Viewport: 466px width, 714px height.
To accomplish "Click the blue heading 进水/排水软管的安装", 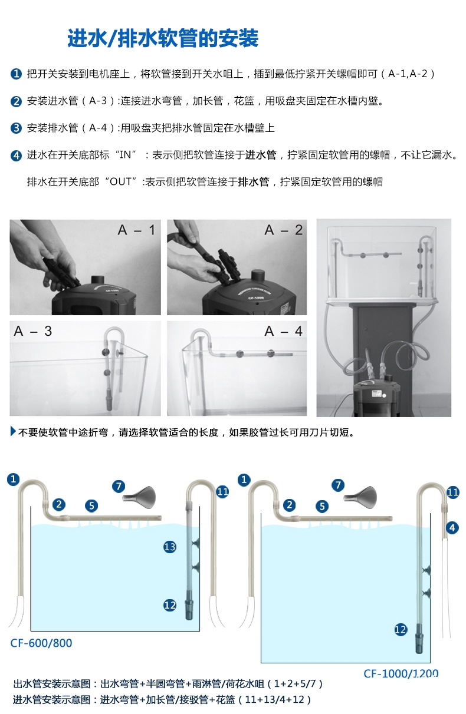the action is click(x=163, y=38).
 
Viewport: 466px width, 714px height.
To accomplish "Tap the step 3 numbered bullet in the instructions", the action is click(x=16, y=128).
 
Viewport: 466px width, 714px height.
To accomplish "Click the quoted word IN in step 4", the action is click(x=125, y=155).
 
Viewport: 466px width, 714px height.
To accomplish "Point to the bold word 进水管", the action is click(x=261, y=155).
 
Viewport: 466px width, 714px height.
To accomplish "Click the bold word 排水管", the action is click(x=254, y=181).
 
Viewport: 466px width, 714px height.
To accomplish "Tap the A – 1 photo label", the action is click(x=137, y=230).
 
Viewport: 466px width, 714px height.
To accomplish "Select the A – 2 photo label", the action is click(x=283, y=230).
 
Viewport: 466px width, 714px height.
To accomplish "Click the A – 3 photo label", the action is click(x=33, y=331).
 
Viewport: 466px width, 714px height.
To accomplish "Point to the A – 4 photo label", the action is click(x=283, y=331).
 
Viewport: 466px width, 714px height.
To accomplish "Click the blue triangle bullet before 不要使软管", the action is click(x=13, y=431).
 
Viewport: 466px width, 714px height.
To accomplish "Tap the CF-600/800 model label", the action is click(x=41, y=643).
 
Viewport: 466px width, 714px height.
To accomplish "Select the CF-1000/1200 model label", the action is click(x=401, y=673).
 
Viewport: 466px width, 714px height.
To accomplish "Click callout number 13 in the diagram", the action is click(x=169, y=547).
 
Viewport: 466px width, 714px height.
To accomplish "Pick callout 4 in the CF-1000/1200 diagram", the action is click(x=452, y=528).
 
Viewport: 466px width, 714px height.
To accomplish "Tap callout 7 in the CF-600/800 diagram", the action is click(x=119, y=487).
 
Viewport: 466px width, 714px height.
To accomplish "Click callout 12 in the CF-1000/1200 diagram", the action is click(x=401, y=630).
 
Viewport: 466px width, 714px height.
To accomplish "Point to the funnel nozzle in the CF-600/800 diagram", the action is click(x=139, y=496).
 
